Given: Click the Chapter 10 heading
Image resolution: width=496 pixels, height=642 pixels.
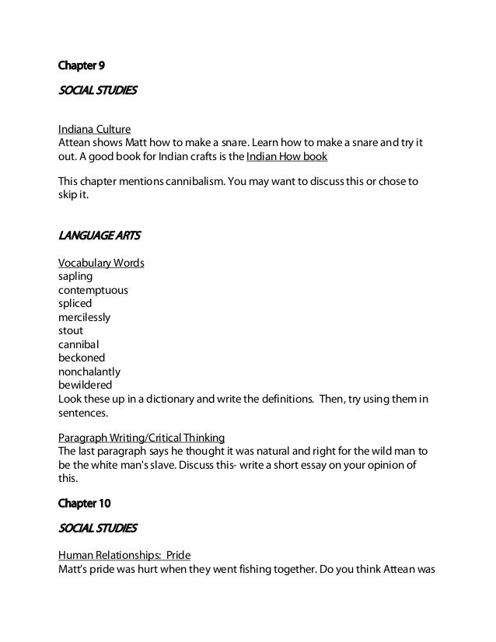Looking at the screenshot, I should (x=87, y=501).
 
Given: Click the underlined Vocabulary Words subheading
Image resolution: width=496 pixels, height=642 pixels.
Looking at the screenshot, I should (x=101, y=263).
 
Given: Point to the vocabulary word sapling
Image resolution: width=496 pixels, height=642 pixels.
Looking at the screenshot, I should (x=77, y=276).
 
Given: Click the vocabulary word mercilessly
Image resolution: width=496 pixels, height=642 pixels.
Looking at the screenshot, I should (x=85, y=317).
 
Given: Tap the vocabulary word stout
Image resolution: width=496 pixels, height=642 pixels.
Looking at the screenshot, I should (x=71, y=330).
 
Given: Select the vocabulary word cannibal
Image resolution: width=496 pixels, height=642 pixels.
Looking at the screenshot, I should (x=79, y=344).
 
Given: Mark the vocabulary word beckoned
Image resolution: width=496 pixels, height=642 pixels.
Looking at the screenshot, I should (x=82, y=358).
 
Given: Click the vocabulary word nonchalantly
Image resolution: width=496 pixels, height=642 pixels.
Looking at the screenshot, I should (x=89, y=372).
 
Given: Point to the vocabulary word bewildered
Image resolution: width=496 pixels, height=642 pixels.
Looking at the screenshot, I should (x=86, y=385).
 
